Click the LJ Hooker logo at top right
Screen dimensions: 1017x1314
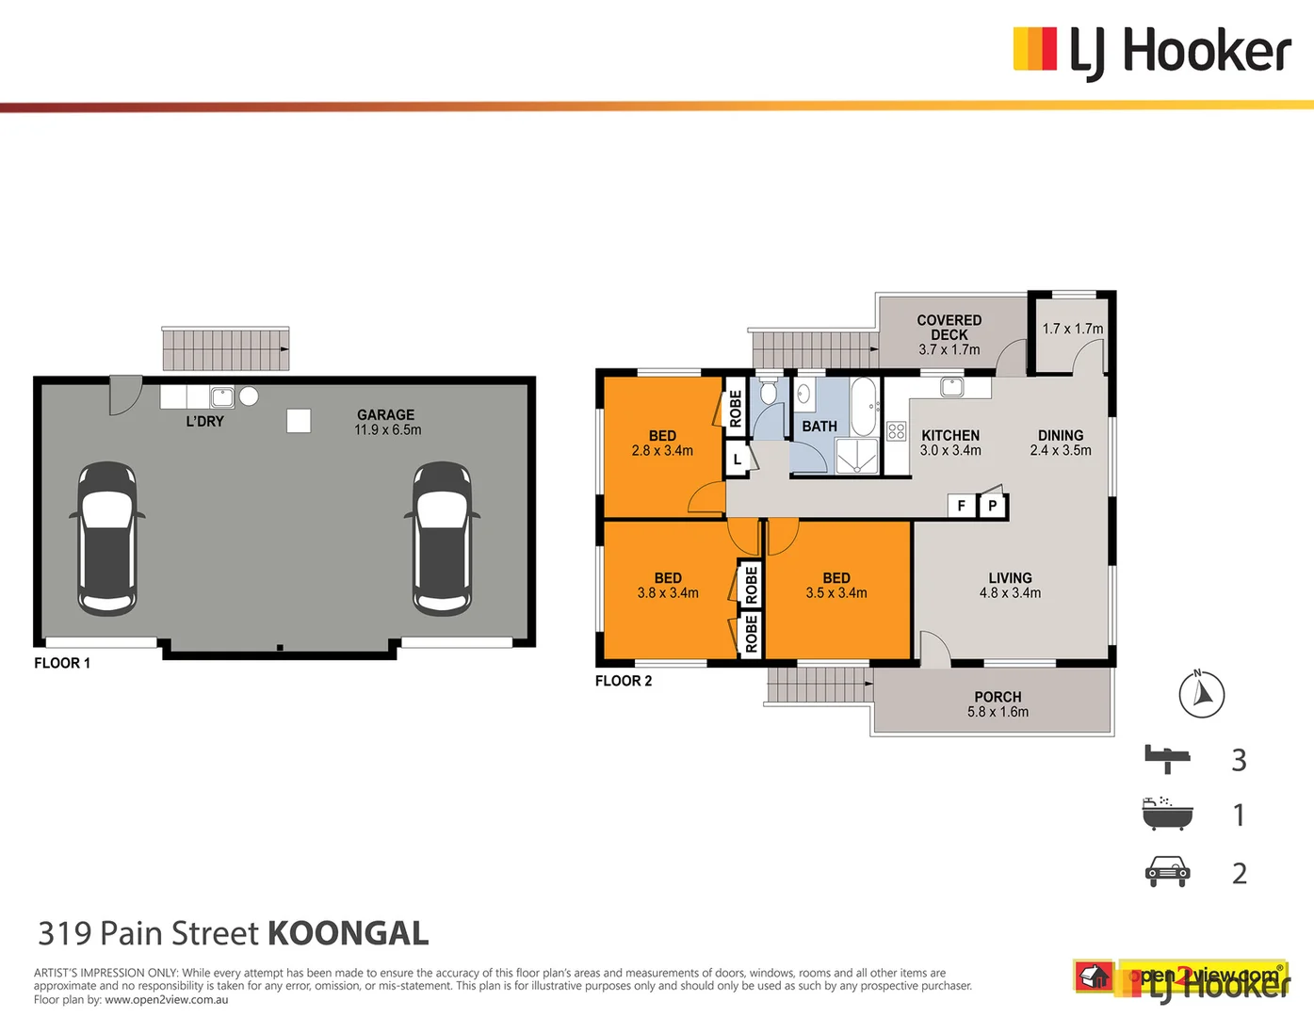coord(1151,51)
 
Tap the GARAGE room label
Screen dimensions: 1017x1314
coord(386,422)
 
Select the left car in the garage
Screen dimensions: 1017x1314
coord(107,539)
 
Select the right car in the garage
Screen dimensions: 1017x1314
coord(442,539)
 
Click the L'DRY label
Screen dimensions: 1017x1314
coord(204,421)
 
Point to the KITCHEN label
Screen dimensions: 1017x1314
coord(950,443)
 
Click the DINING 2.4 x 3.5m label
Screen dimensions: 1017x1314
coord(1061,443)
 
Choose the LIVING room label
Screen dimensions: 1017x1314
coord(1010,585)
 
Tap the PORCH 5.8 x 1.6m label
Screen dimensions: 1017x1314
coord(998,704)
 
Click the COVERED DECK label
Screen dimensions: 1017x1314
coord(949,334)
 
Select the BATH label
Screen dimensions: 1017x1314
coord(819,427)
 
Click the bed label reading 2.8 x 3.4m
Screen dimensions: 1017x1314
coord(662,444)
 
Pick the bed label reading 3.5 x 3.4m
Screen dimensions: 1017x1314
coord(836,585)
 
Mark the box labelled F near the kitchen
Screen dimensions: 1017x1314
coord(961,506)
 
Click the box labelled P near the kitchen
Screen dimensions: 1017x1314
coord(992,506)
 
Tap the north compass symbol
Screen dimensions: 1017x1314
coord(1202,695)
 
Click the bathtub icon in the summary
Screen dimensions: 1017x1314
coord(1167,814)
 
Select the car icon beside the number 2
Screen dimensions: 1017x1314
coord(1167,872)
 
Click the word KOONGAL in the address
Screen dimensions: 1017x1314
coord(349,933)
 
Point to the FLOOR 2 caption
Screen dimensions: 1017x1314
coord(624,681)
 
